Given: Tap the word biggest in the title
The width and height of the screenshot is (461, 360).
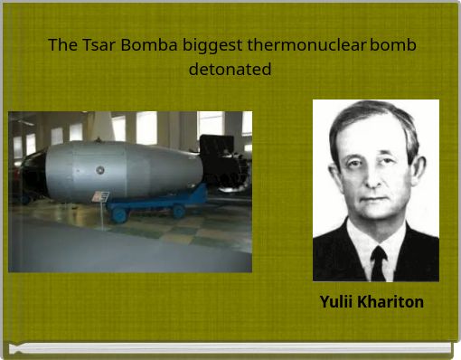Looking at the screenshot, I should (x=212, y=45).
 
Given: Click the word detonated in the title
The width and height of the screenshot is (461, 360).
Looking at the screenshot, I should (x=230, y=69).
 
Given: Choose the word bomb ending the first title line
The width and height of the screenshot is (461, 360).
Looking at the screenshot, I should (x=393, y=45).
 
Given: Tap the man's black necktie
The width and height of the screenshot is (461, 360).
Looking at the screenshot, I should (x=379, y=261).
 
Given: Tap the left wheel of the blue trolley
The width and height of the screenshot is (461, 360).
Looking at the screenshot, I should (x=118, y=214).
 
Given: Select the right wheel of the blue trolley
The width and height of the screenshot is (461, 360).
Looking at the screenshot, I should (x=179, y=210).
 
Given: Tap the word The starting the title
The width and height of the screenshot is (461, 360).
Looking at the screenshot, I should (x=61, y=45).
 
